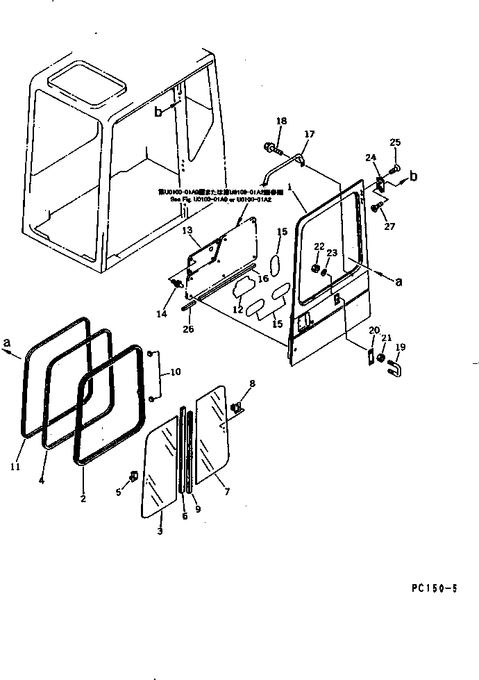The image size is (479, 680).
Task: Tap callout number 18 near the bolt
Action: coord(280,122)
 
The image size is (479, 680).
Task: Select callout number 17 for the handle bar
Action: coord(309,134)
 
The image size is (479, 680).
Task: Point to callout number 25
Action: coord(395,144)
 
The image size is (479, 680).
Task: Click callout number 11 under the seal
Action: coord(15,466)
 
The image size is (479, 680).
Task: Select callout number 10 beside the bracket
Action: coord(175,372)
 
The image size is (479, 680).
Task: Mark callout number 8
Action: coord(252,383)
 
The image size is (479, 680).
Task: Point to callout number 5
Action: coord(118,491)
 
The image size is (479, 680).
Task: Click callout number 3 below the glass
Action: coord(160,531)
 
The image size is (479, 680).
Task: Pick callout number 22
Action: coord(319,247)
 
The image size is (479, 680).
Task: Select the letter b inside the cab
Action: coord(158,112)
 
